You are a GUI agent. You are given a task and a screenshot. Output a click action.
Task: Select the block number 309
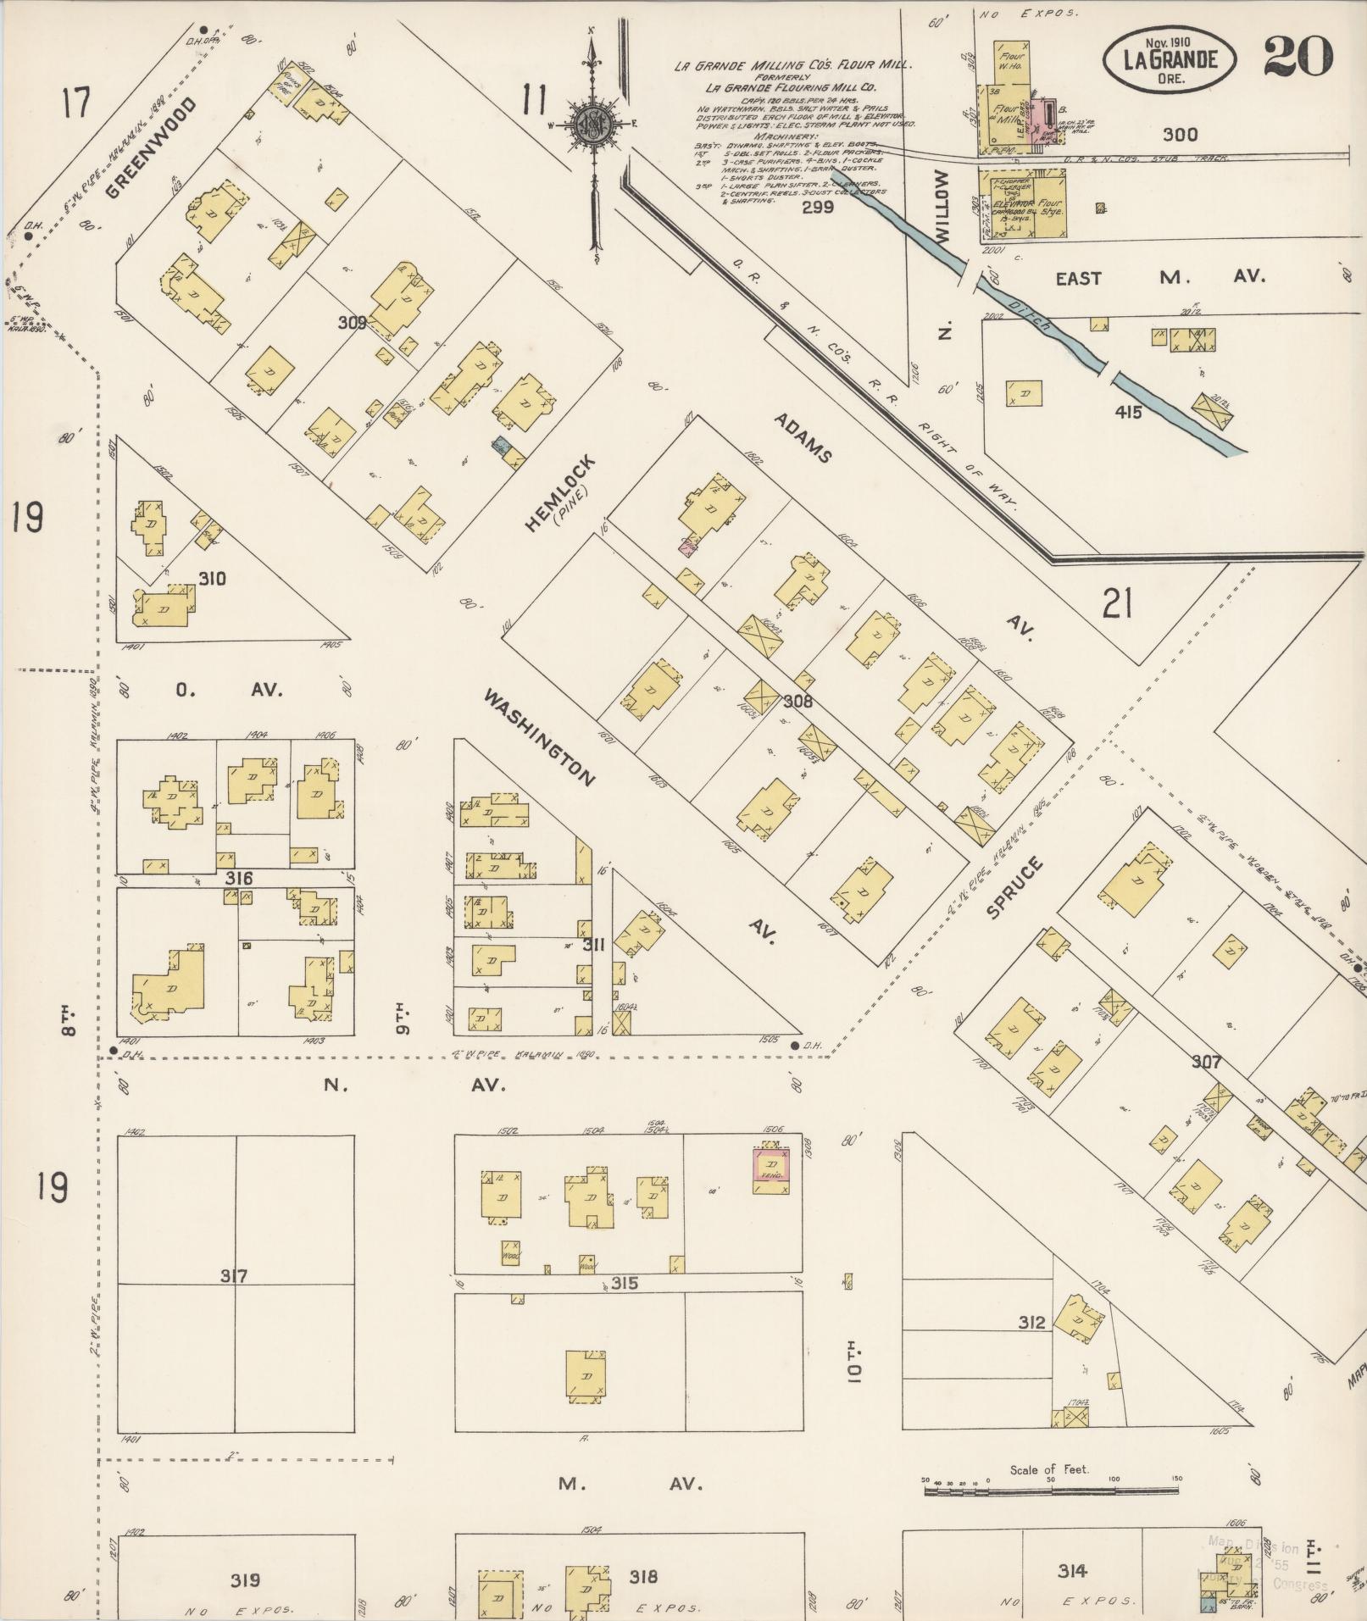[351, 322]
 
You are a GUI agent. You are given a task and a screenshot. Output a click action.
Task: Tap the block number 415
[1129, 413]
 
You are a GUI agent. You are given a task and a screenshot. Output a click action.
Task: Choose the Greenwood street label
[153, 147]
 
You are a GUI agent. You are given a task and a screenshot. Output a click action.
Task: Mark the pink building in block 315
[772, 1172]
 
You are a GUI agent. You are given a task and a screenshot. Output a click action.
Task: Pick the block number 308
[798, 701]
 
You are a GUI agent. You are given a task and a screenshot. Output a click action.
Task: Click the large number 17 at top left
[76, 104]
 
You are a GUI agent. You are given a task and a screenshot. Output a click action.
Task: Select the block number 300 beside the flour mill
[1180, 134]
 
